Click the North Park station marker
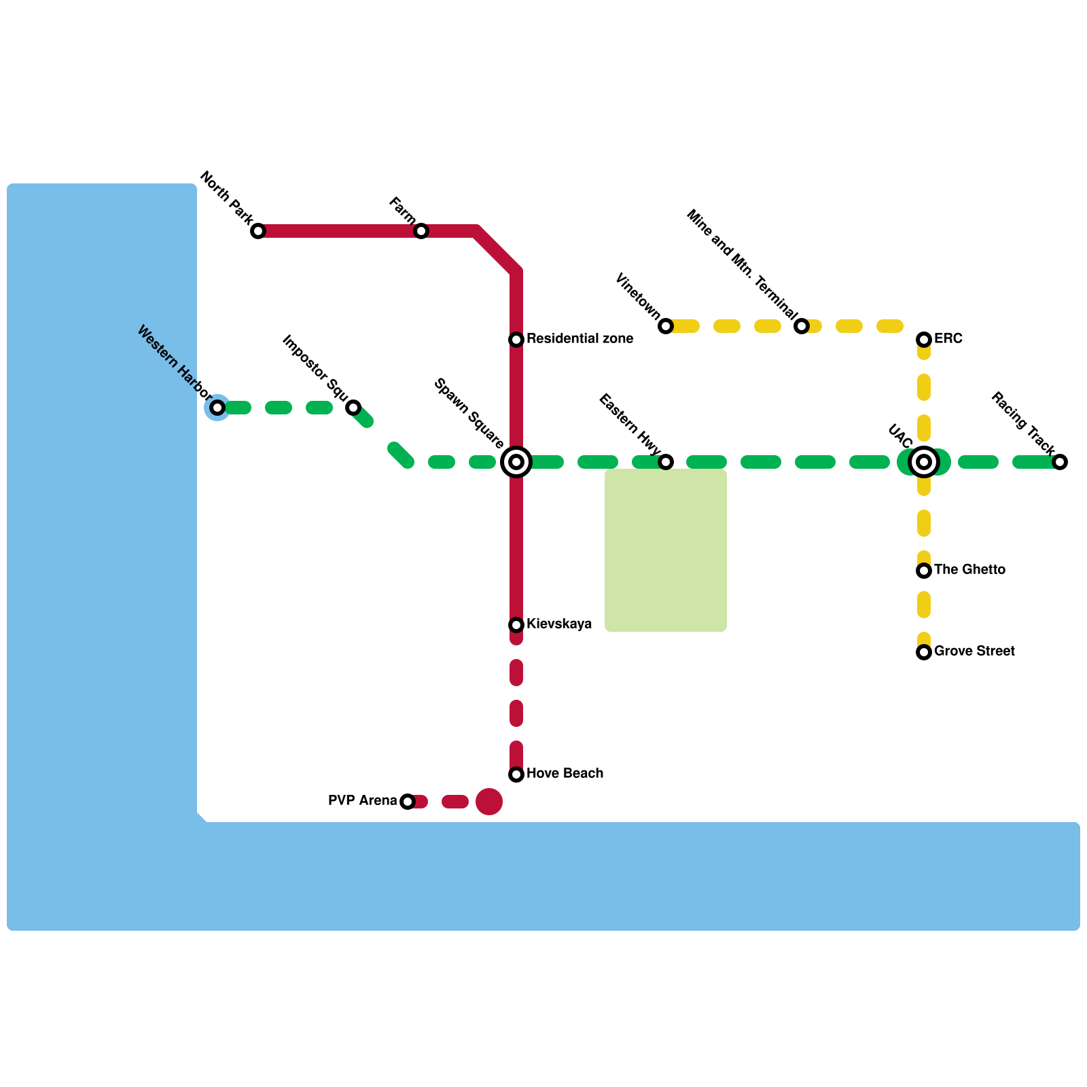pyautogui.click(x=258, y=231)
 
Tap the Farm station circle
pyautogui.click(x=421, y=231)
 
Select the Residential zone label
pyautogui.click(x=580, y=338)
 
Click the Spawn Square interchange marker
pyautogui.click(x=516, y=462)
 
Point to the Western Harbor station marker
pyautogui.click(x=217, y=408)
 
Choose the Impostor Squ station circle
pyautogui.click(x=353, y=408)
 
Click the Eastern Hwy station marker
pyautogui.click(x=666, y=462)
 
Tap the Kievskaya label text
pyautogui.click(x=558, y=624)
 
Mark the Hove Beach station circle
pyautogui.click(x=516, y=774)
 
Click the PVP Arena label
pyautogui.click(x=362, y=800)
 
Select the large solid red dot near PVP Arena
pyautogui.click(x=489, y=802)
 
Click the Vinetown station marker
pyautogui.click(x=666, y=326)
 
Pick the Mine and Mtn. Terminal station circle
pyautogui.click(x=802, y=326)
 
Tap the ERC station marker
pyautogui.click(x=924, y=340)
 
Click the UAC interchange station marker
pyautogui.click(x=924, y=462)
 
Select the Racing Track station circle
pyautogui.click(x=1060, y=462)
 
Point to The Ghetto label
pyautogui.click(x=969, y=569)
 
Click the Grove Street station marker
pyautogui.click(x=924, y=652)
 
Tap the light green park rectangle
pyautogui.click(x=666, y=550)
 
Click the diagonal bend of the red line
pyautogui.click(x=497, y=252)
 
